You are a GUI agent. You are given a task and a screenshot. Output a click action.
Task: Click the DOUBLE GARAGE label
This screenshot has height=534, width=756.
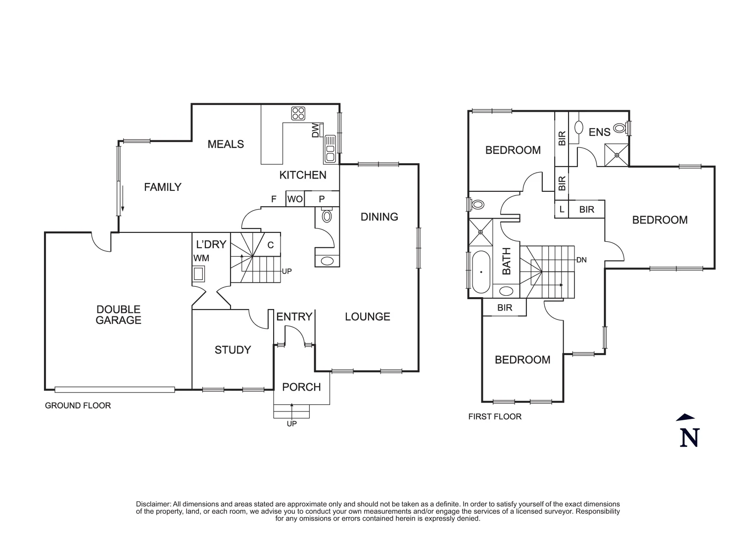click(x=118, y=315)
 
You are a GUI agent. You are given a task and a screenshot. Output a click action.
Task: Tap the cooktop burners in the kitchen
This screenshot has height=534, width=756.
click(x=298, y=113)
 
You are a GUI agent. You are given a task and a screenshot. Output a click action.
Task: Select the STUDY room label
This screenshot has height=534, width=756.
click(x=233, y=350)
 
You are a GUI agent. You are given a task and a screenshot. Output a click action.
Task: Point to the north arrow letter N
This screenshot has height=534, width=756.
click(x=689, y=437)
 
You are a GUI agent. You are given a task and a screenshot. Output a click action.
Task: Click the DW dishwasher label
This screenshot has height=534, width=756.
click(x=315, y=131)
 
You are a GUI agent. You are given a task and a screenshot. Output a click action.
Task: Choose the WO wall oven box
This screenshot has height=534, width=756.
click(x=295, y=199)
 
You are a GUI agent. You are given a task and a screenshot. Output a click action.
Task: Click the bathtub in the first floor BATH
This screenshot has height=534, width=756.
click(x=481, y=272)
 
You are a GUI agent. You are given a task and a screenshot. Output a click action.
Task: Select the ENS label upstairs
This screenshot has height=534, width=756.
click(x=599, y=132)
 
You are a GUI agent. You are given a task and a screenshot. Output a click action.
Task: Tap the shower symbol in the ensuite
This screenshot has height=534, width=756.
click(x=617, y=155)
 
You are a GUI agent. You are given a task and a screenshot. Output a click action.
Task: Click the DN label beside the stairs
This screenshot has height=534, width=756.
click(x=581, y=260)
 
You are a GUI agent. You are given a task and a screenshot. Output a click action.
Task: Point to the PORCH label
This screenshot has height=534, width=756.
click(x=301, y=387)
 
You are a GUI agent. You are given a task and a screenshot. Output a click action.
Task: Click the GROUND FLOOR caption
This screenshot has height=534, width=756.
click(x=78, y=405)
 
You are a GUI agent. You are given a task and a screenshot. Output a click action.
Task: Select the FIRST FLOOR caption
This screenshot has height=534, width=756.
click(x=495, y=417)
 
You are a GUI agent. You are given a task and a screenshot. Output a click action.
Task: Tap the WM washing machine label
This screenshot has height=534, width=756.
click(x=201, y=258)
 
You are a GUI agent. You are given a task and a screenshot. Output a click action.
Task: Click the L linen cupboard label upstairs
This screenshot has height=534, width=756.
click(x=562, y=210)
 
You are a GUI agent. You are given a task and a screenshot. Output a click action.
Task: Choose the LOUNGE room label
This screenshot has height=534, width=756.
click(x=368, y=316)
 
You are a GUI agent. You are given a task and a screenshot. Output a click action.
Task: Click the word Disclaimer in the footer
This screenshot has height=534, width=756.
click(x=153, y=504)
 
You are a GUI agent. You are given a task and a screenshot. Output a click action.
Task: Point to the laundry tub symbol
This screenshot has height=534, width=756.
click(x=199, y=273)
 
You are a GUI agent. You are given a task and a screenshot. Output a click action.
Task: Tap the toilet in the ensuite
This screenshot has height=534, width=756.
click(x=619, y=129)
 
